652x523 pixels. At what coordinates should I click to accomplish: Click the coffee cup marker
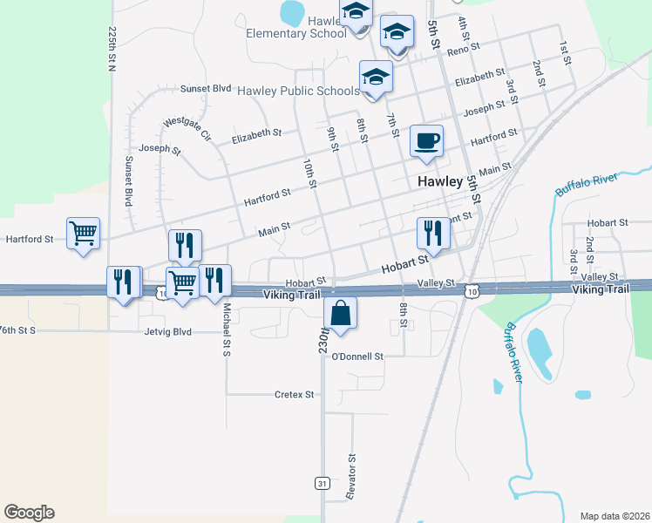pyautogui.click(x=426, y=141)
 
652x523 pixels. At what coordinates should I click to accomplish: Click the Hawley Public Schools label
pyautogui.click(x=298, y=90)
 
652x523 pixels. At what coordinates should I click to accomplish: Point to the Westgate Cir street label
pyautogui.click(x=187, y=128)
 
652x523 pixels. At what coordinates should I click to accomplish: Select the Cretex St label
pyautogui.click(x=294, y=394)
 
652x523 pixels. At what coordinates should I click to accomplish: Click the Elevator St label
pyautogui.click(x=353, y=475)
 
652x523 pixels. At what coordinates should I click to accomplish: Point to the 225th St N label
pyautogui.click(x=112, y=47)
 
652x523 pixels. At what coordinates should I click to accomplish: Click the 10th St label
pyautogui.click(x=309, y=173)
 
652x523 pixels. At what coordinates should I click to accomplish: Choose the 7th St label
pyautogui.click(x=392, y=126)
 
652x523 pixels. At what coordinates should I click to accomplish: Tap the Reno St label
pyautogui.click(x=458, y=51)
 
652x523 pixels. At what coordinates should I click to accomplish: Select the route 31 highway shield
pyautogui.click(x=322, y=483)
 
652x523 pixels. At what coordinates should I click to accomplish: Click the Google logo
pyautogui.click(x=29, y=513)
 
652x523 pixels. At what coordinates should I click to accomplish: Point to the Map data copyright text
pyautogui.click(x=615, y=516)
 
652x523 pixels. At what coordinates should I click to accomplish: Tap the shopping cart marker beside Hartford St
pyautogui.click(x=83, y=233)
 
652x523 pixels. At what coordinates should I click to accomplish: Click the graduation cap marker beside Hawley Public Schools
pyautogui.click(x=376, y=77)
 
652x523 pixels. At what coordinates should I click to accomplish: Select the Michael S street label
pyautogui.click(x=225, y=317)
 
